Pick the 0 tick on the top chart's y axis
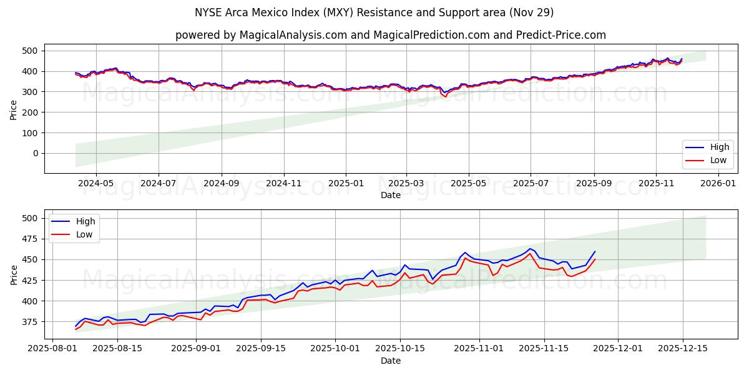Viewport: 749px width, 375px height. click(36, 153)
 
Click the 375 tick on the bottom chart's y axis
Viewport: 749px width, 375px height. click(30, 322)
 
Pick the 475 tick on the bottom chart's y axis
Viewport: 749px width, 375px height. click(30, 239)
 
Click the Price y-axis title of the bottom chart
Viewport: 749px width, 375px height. click(14, 274)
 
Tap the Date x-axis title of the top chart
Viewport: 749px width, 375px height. click(391, 195)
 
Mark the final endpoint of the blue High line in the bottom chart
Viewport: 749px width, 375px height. click(595, 252)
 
